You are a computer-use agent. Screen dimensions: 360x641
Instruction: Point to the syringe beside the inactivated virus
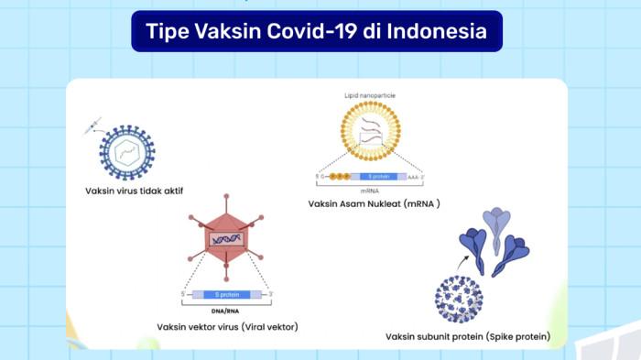point(92,126)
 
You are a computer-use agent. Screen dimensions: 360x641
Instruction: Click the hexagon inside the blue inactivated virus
point(127,151)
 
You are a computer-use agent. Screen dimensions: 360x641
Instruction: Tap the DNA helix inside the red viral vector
point(226,238)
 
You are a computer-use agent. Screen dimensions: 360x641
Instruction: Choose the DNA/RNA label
point(226,311)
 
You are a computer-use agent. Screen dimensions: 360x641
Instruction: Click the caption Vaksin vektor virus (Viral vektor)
point(227,327)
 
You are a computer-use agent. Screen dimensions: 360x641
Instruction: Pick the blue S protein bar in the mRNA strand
point(381,176)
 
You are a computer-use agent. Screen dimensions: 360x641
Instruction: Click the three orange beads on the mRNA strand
point(339,176)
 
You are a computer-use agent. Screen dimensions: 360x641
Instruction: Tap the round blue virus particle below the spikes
point(459,298)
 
